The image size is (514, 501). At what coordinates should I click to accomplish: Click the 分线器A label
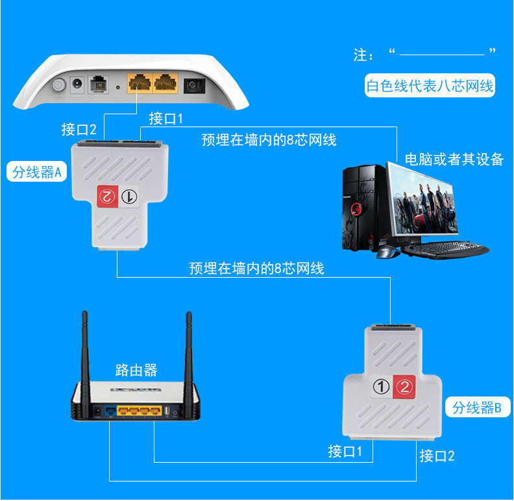tap(37, 171)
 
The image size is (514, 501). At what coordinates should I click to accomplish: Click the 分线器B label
tap(478, 407)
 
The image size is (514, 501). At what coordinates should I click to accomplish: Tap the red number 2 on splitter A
tap(107, 196)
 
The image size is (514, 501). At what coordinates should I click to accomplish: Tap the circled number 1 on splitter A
tap(129, 196)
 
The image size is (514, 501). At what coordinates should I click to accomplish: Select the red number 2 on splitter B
tap(404, 387)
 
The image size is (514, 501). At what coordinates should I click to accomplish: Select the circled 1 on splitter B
tap(382, 387)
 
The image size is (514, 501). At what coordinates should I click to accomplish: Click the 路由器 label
tap(136, 370)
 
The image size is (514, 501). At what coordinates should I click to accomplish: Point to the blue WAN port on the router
tap(110, 410)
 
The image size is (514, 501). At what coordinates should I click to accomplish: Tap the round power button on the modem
tap(59, 85)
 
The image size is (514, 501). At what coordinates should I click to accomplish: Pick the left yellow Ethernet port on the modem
tap(140, 83)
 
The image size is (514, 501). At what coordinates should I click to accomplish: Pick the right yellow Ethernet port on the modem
tap(165, 83)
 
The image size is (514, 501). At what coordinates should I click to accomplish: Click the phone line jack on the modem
tap(99, 85)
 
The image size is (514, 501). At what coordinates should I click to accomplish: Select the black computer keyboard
tap(445, 249)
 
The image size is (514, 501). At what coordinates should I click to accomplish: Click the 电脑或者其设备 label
tap(454, 160)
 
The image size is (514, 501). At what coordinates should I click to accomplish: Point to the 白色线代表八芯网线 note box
tap(430, 86)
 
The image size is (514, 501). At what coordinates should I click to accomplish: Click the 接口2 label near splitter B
tap(437, 456)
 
